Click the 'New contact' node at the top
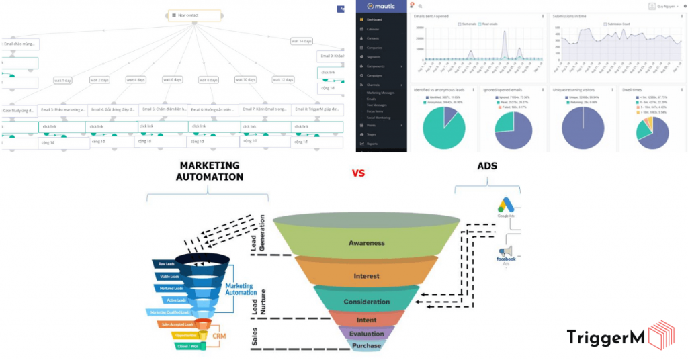coord(194,15)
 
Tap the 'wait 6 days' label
coord(172,79)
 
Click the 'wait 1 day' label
coord(62,80)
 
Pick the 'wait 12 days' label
coord(284,79)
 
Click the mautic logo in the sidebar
coord(380,6)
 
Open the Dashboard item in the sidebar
coord(374,20)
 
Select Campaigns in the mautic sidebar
coord(375,75)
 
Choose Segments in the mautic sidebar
coord(374,56)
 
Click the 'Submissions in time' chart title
coord(569,15)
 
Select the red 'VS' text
coord(358,173)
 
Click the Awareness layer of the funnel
coord(365,242)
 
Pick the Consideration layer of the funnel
coord(366,302)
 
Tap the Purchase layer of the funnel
coord(366,346)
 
